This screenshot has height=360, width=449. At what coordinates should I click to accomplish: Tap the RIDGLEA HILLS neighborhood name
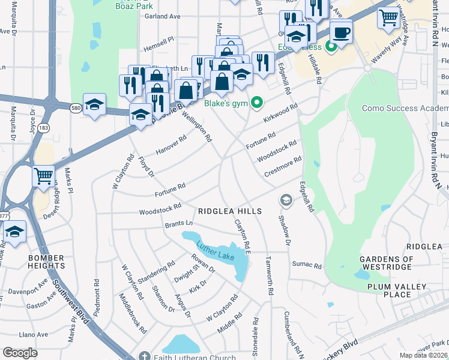pos(230,211)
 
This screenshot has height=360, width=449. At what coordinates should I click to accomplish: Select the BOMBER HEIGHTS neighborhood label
pos(46,262)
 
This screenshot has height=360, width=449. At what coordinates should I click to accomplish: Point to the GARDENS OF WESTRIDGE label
pos(386,263)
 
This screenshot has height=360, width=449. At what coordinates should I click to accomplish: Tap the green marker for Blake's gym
pos(257,103)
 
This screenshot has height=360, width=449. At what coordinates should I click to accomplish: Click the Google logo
pos(20,353)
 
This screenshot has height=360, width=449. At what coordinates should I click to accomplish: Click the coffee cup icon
pos(341,32)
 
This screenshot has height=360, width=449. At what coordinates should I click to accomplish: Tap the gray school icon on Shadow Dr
pos(285,200)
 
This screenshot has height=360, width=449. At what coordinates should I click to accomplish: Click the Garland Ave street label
pos(163,17)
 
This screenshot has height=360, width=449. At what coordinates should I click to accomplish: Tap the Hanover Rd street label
pos(171,145)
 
